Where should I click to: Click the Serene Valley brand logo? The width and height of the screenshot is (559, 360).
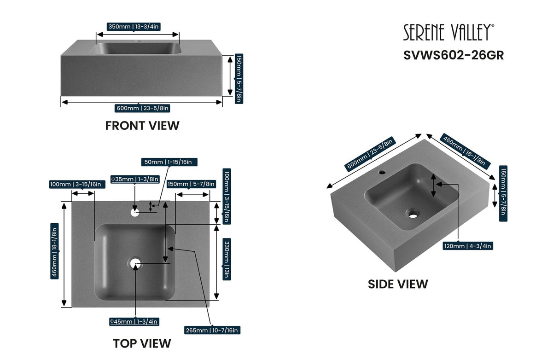[448, 33]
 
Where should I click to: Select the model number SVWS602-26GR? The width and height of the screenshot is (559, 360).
[454, 55]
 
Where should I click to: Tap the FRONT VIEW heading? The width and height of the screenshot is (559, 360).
[142, 126]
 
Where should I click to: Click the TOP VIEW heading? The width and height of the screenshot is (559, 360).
[142, 343]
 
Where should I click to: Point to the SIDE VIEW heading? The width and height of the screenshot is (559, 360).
[398, 284]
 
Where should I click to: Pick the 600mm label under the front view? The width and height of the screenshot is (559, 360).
[143, 108]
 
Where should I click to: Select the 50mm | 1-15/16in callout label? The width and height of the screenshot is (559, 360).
[169, 162]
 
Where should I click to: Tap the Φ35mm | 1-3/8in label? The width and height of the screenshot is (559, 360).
[134, 179]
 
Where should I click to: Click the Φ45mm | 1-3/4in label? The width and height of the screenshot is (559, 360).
[134, 321]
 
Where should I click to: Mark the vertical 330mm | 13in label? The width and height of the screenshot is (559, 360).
[227, 259]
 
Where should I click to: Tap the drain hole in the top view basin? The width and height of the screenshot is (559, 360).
[135, 263]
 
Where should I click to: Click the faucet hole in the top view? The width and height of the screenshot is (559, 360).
[135, 212]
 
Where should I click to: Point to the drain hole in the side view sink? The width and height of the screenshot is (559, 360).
[413, 214]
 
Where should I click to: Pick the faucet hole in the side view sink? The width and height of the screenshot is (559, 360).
[382, 173]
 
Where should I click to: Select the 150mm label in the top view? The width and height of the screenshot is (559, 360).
[191, 184]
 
